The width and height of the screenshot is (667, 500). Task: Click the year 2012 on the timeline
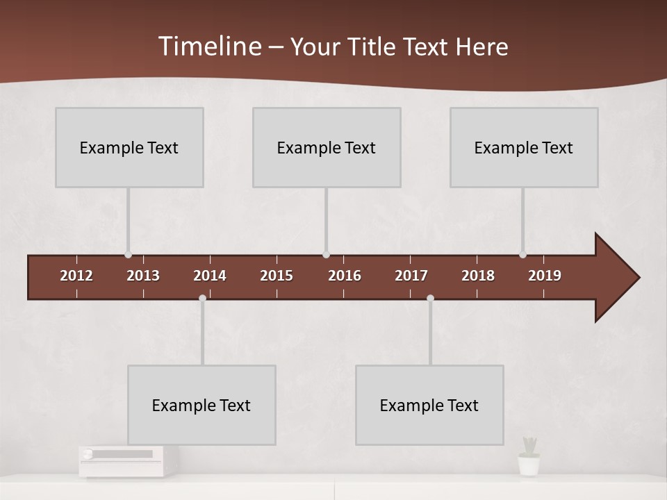pyautogui.click(x=76, y=276)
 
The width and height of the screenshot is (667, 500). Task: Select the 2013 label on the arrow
pyautogui.click(x=143, y=276)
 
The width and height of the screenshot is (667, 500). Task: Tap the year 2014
pyautogui.click(x=210, y=276)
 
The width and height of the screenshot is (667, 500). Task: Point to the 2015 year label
pyautogui.click(x=277, y=276)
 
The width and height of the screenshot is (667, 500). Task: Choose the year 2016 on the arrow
pyautogui.click(x=345, y=276)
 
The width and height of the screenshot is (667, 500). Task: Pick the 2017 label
pyautogui.click(x=411, y=276)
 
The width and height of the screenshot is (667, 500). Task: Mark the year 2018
pyautogui.click(x=478, y=276)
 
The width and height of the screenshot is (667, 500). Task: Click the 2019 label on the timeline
pyautogui.click(x=545, y=276)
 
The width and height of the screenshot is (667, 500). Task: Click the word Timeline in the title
pyautogui.click(x=209, y=46)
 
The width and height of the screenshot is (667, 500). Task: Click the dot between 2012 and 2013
pyautogui.click(x=128, y=255)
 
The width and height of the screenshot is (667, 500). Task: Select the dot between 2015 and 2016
pyautogui.click(x=326, y=255)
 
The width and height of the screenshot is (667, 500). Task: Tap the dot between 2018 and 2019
pyautogui.click(x=522, y=255)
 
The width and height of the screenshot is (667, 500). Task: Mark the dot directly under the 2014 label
pyautogui.click(x=202, y=298)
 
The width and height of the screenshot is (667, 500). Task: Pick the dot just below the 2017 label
pyautogui.click(x=430, y=298)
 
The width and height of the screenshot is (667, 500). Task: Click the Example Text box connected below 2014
pyautogui.click(x=201, y=405)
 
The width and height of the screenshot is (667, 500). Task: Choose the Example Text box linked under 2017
pyautogui.click(x=429, y=405)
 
